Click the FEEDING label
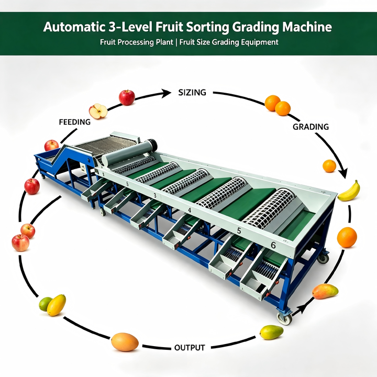point(75,122)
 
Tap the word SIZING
point(192,92)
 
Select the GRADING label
point(311,127)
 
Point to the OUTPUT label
point(190,348)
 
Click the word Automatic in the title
point(74,27)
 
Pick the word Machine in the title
point(307,27)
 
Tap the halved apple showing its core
point(98,112)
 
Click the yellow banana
point(349,191)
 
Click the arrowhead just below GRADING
point(343,173)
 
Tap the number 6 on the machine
point(273,245)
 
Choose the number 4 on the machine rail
point(190,210)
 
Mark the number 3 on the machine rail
point(155,196)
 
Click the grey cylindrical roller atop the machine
point(129,153)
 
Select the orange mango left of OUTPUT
point(125,341)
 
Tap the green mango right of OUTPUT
point(271,332)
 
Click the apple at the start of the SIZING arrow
point(127,97)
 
